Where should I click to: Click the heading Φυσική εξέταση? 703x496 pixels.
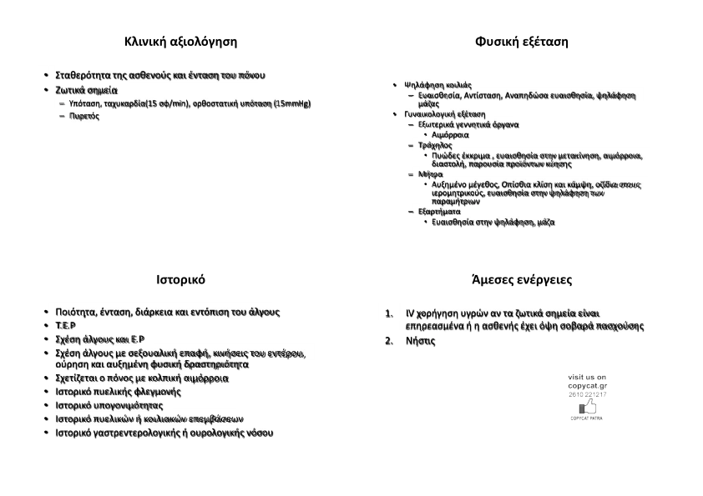pyautogui.click(x=521, y=41)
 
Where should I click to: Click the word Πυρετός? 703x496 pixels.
pyautogui.click(x=84, y=116)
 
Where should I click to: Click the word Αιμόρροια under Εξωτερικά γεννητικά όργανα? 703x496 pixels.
pyautogui.click(x=451, y=134)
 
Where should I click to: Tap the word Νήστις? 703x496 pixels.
pyautogui.click(x=420, y=341)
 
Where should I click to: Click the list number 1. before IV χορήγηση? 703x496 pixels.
pyautogui.click(x=389, y=313)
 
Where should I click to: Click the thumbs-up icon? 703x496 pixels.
pyautogui.click(x=589, y=407)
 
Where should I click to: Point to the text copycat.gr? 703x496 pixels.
pyautogui.click(x=587, y=386)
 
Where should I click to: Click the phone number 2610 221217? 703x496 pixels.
pyautogui.click(x=587, y=394)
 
